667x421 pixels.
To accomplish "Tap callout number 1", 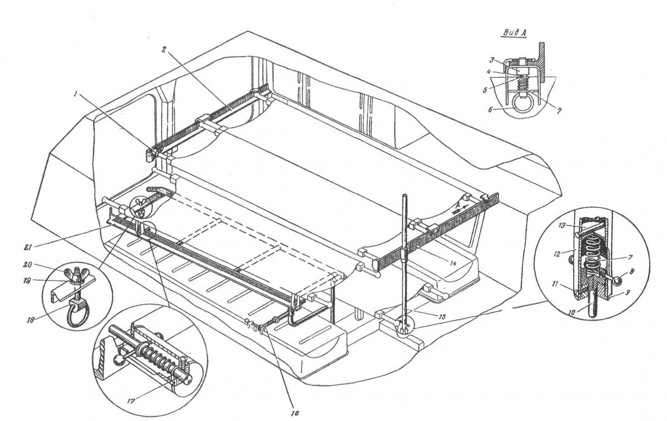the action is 76,94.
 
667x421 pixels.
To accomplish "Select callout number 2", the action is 163,50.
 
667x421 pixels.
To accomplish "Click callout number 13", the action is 562,225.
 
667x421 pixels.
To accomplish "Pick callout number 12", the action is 558,254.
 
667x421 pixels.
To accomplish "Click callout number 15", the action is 442,317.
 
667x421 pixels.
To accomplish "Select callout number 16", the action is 296,413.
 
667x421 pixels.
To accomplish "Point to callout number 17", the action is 131,402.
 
